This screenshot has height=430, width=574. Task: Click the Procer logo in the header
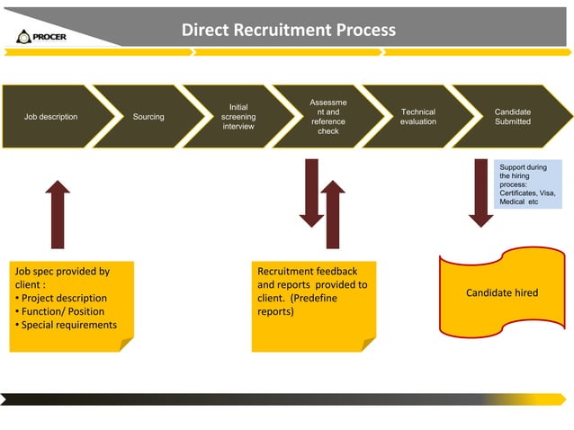[x=40, y=36]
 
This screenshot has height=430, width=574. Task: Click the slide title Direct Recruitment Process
[x=288, y=30]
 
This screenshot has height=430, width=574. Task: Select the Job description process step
[x=50, y=117]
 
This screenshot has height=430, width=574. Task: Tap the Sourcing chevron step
[x=148, y=117]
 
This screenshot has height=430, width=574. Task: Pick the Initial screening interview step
[x=238, y=117]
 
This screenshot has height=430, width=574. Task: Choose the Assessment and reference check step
[x=327, y=117]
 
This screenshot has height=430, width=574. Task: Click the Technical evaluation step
[x=417, y=117]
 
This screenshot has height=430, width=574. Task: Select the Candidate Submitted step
[x=512, y=117]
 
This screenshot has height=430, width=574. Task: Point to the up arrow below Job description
[x=58, y=213]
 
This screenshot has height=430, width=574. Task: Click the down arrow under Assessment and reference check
[x=312, y=192]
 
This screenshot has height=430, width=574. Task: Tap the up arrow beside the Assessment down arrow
[x=333, y=215]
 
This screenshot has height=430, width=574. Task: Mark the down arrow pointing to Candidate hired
[x=480, y=192]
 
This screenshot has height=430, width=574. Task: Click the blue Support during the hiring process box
[x=528, y=184]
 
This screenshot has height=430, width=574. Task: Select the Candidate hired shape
[x=501, y=293]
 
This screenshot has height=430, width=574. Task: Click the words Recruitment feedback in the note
[x=307, y=271]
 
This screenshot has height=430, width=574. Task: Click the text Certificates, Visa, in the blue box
[x=527, y=193]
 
